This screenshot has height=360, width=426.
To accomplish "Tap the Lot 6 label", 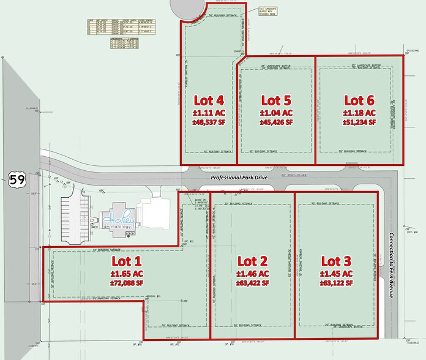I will tap(359, 100).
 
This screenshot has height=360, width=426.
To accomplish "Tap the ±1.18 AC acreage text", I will tap(359, 112).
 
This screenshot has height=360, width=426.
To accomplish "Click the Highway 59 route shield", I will tap(16, 179).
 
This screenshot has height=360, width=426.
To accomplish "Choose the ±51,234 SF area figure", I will tap(359, 122).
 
